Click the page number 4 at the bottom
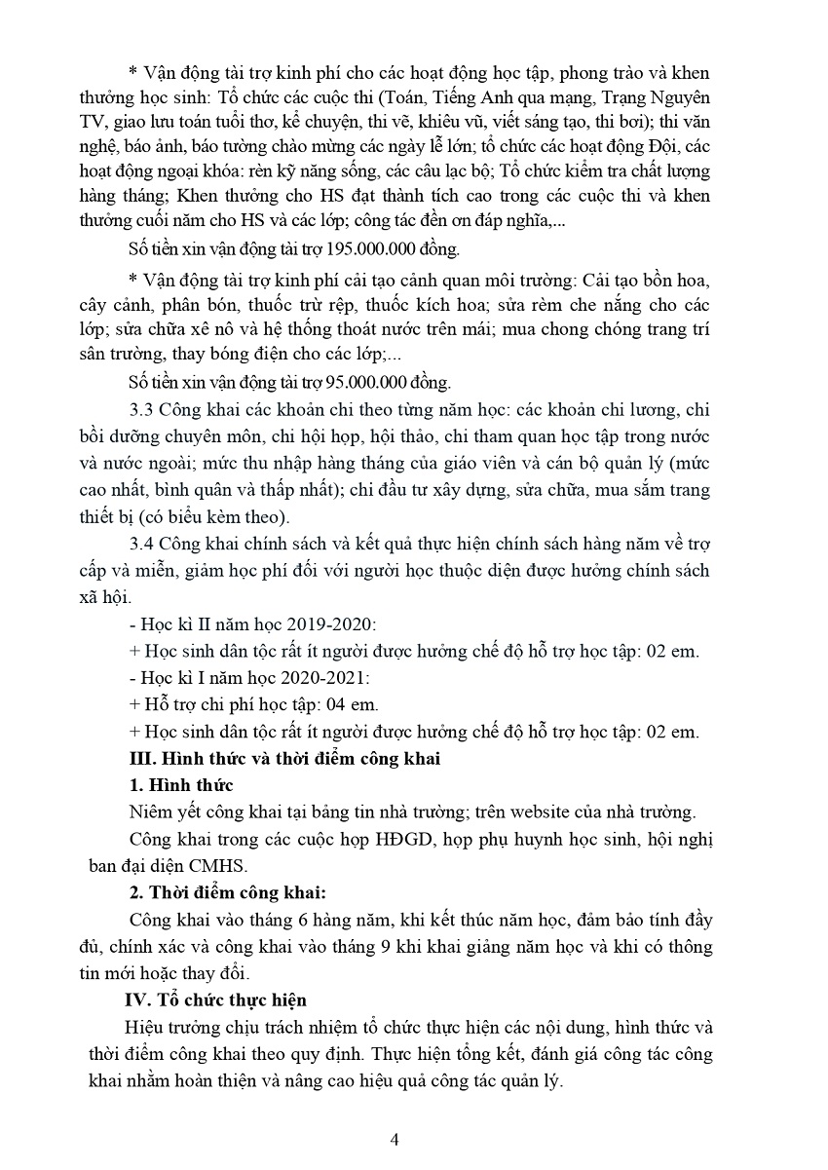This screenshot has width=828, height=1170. [394, 1139]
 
